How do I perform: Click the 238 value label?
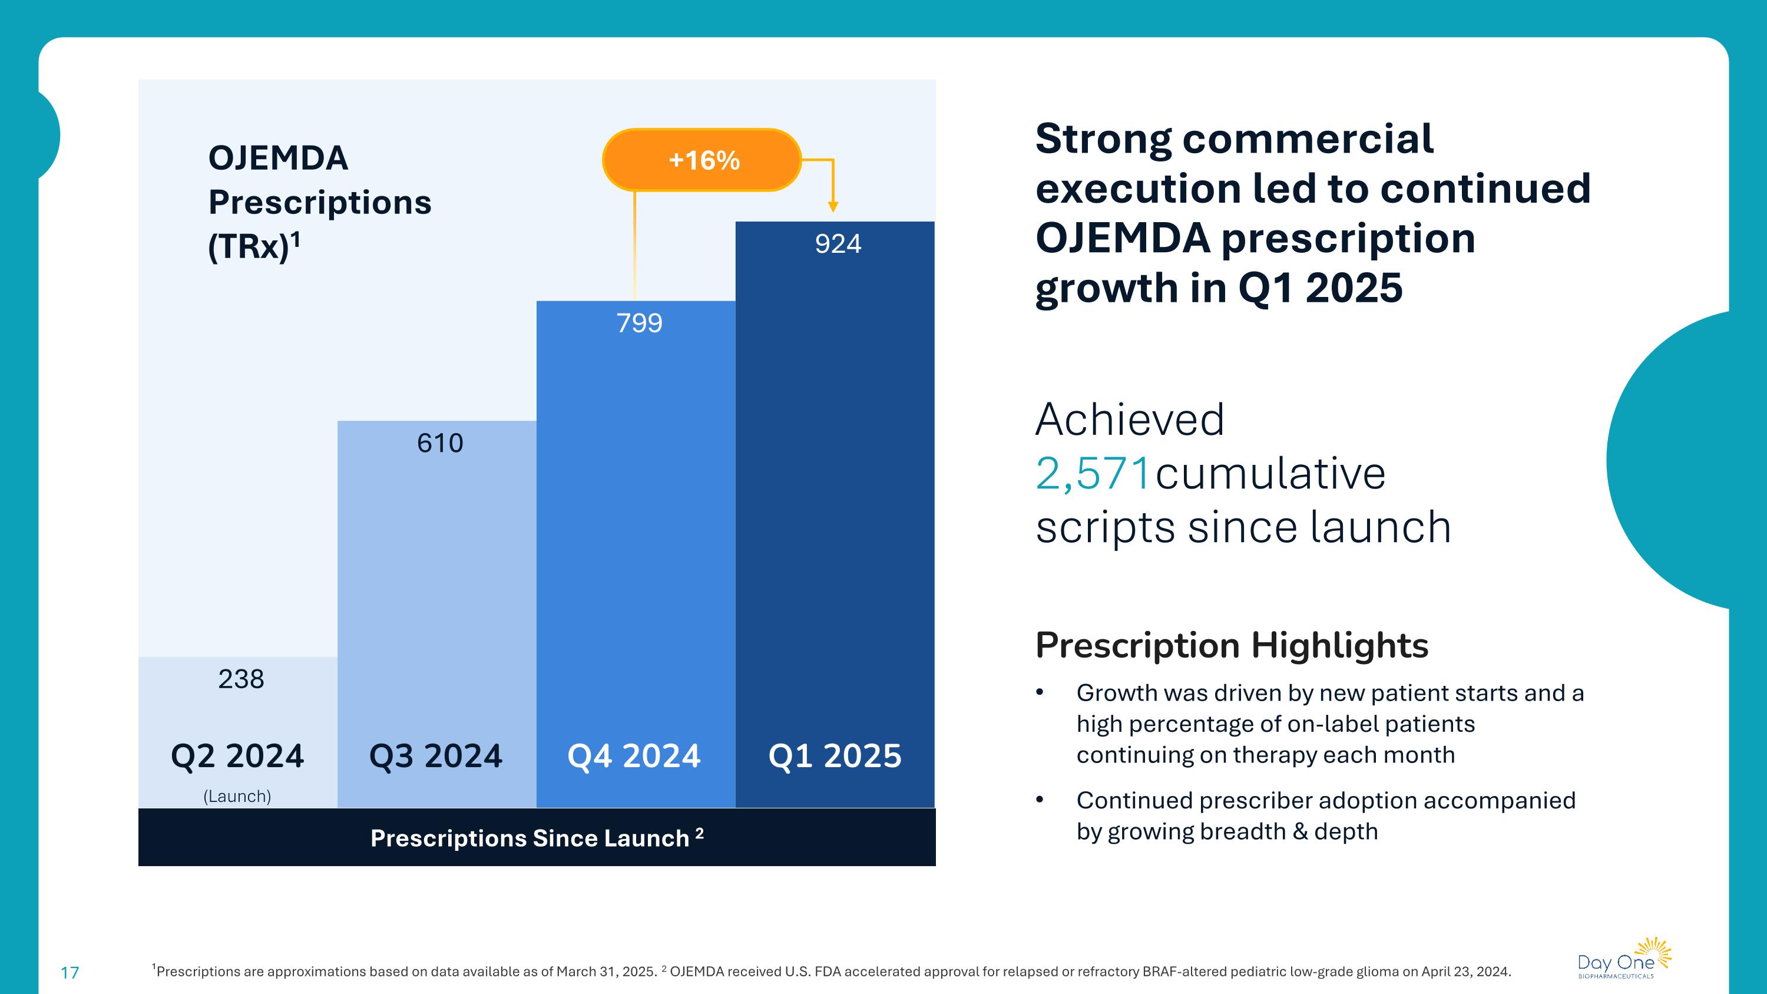(241, 679)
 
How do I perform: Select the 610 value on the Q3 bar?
(440, 443)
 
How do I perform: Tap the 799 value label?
(639, 323)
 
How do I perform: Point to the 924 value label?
(838, 244)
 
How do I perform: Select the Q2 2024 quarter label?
(237, 756)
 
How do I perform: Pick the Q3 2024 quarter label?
(436, 756)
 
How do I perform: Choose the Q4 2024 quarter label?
(634, 756)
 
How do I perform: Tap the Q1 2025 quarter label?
(835, 756)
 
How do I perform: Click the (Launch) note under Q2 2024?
(237, 797)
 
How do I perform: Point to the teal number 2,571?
(1092, 473)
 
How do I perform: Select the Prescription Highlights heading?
(1231, 646)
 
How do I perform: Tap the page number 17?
(70, 973)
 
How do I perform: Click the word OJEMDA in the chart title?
(278, 158)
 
